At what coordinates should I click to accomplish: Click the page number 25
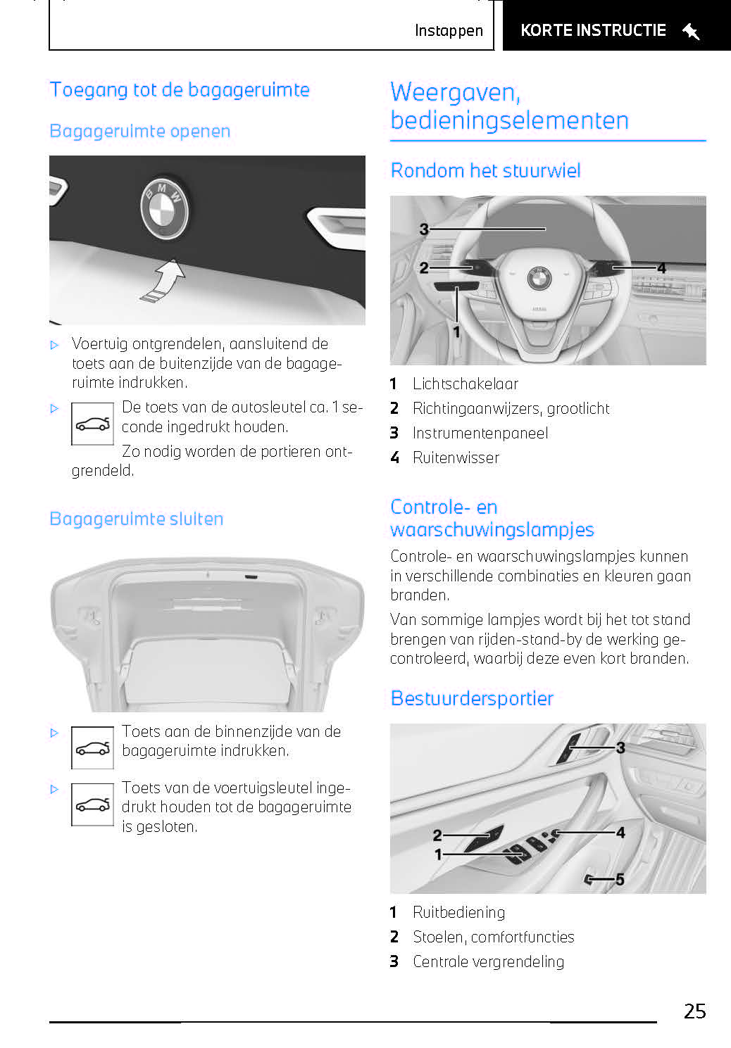pyautogui.click(x=694, y=1011)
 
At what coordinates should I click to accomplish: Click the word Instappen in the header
pyautogui.click(x=449, y=31)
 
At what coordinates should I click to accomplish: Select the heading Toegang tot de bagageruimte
pyautogui.click(x=180, y=90)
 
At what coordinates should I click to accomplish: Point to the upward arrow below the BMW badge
pyautogui.click(x=165, y=279)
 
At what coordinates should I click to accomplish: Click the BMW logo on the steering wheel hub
pyautogui.click(x=539, y=278)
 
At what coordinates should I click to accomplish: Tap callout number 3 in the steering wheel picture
pyautogui.click(x=424, y=229)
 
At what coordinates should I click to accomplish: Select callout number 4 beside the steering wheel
pyautogui.click(x=661, y=268)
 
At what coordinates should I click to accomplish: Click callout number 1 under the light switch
pyautogui.click(x=456, y=332)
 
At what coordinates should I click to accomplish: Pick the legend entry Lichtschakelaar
pyautogui.click(x=465, y=384)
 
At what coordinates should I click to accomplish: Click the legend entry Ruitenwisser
pyautogui.click(x=456, y=458)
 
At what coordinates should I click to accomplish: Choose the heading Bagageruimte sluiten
pyautogui.click(x=137, y=519)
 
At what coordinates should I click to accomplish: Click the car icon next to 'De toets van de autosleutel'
pyautogui.click(x=92, y=424)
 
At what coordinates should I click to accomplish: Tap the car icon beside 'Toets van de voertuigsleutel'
pyautogui.click(x=92, y=804)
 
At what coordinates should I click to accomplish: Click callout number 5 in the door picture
pyautogui.click(x=620, y=879)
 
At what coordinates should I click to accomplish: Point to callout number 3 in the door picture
pyautogui.click(x=620, y=747)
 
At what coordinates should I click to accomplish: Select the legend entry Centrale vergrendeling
pyautogui.click(x=488, y=962)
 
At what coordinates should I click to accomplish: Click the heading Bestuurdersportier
pyautogui.click(x=472, y=699)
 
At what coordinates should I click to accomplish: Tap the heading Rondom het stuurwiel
pyautogui.click(x=485, y=171)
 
